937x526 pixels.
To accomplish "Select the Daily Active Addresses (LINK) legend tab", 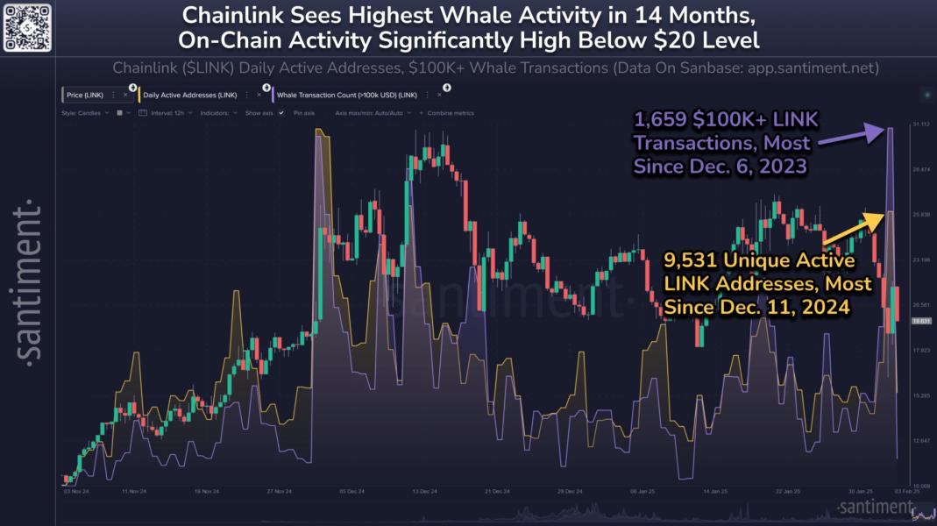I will coord(190,94).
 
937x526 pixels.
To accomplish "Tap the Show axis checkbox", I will coord(281,113).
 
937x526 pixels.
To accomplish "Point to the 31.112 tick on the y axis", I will coord(919,124).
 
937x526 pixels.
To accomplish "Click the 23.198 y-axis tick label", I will coord(919,259).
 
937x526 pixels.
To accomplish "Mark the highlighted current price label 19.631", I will coord(919,321).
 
